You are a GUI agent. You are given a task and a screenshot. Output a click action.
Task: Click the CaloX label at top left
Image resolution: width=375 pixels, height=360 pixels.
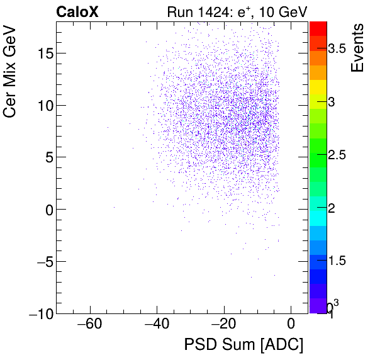click(78, 12)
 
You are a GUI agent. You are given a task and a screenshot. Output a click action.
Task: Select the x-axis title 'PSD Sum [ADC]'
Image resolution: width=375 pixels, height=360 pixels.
click(243, 345)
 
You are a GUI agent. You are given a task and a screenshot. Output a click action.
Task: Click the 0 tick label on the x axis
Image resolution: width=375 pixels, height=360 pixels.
click(291, 325)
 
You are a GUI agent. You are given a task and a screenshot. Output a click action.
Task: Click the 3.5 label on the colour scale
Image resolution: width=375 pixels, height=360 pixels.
click(341, 50)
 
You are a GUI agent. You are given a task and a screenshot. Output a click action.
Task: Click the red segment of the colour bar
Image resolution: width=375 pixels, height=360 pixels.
click(318, 28)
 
